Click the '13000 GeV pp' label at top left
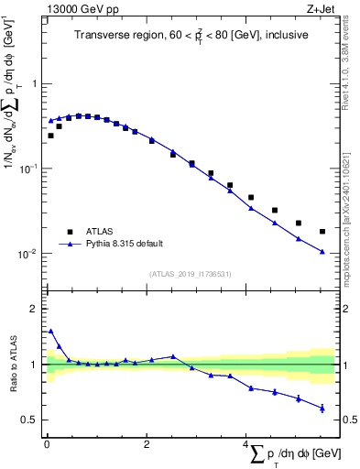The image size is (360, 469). (77, 9)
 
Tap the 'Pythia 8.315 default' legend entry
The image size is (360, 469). (124, 244)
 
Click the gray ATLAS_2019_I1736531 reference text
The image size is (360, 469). (190, 274)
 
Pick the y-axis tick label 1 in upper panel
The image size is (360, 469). (36, 84)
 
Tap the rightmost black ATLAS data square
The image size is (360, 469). (322, 232)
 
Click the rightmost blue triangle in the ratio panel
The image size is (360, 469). (322, 409)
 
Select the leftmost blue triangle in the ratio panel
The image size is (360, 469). (50, 331)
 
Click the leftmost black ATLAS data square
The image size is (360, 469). (50, 136)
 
